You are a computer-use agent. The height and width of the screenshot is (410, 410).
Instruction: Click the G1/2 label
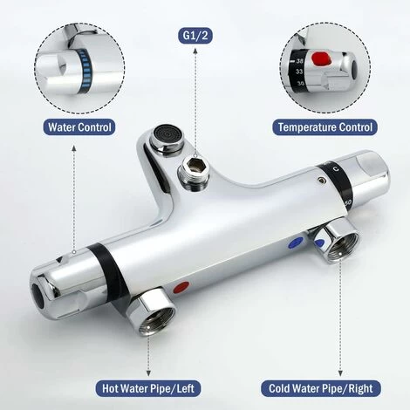(195, 36)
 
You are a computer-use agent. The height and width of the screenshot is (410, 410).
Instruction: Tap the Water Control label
(79, 127)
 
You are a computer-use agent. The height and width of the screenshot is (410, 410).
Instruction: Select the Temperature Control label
(325, 127)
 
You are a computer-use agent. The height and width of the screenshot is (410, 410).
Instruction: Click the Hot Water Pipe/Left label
(148, 388)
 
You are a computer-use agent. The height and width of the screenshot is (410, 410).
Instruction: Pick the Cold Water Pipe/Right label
(320, 388)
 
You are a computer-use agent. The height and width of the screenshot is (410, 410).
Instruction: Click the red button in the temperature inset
(322, 58)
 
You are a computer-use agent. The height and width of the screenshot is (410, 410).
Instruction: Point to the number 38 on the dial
(299, 61)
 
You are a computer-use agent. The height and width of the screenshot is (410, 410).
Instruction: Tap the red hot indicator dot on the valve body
(181, 287)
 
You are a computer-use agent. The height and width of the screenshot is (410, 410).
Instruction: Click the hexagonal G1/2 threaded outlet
(193, 174)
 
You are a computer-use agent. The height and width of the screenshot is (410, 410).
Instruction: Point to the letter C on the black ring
(337, 168)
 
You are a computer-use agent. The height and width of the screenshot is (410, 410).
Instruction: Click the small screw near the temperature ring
(322, 181)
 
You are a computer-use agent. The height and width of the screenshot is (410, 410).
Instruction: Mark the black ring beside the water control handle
(106, 267)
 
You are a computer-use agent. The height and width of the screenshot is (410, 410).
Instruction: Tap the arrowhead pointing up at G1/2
(195, 51)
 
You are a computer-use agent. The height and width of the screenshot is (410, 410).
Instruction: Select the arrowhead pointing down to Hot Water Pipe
(148, 373)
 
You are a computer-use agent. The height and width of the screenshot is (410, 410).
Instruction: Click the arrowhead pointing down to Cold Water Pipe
(340, 373)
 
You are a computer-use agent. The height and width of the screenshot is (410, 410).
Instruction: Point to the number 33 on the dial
(299, 72)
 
